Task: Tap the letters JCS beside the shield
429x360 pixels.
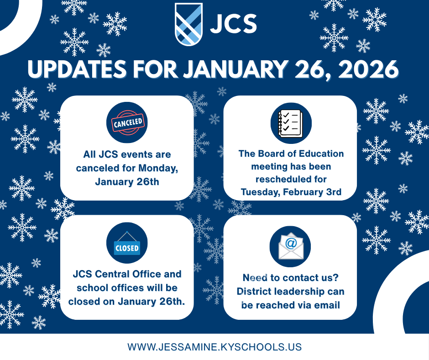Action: (x=233, y=24)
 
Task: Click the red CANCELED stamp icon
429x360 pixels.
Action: (x=127, y=122)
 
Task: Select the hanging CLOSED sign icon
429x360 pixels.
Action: (x=127, y=246)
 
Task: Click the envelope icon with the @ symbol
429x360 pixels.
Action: (x=291, y=247)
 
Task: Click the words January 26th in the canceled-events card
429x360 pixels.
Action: (x=127, y=181)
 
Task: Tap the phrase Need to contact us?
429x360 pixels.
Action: (x=291, y=277)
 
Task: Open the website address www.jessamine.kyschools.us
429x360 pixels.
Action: (x=214, y=347)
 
